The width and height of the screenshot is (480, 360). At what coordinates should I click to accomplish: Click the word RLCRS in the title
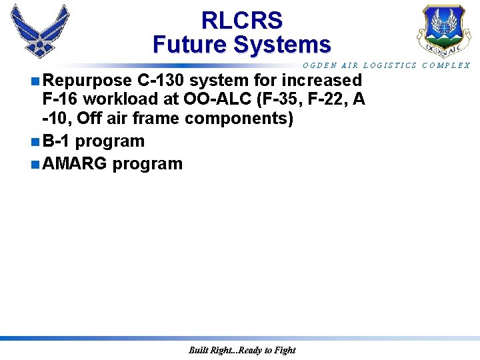click(x=241, y=20)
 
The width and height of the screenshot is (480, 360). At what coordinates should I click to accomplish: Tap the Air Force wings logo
click(x=39, y=30)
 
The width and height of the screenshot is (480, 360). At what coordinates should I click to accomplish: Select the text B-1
click(x=56, y=141)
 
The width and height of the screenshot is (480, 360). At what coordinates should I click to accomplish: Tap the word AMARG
click(x=74, y=163)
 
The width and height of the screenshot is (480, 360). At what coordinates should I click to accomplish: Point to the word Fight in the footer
click(x=284, y=350)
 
